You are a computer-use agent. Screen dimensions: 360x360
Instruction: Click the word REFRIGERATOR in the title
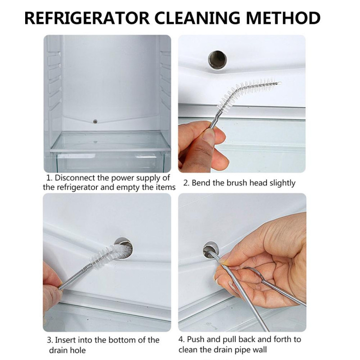point(87,18)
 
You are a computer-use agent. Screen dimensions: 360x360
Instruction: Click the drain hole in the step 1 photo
point(95,121)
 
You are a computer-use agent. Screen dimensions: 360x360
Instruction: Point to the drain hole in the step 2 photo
point(217,60)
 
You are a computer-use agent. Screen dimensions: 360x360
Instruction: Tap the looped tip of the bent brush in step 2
point(279,83)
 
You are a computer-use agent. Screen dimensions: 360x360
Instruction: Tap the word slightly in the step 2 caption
point(283,183)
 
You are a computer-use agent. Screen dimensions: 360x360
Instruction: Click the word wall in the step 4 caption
point(260,350)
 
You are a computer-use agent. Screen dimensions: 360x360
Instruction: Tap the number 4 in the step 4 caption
point(181,340)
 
